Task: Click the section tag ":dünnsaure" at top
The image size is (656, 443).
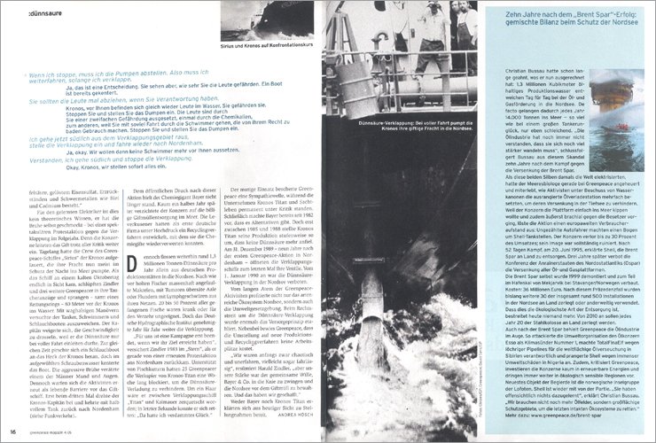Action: click(35, 13)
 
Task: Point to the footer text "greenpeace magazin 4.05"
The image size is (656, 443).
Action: click(50, 431)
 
